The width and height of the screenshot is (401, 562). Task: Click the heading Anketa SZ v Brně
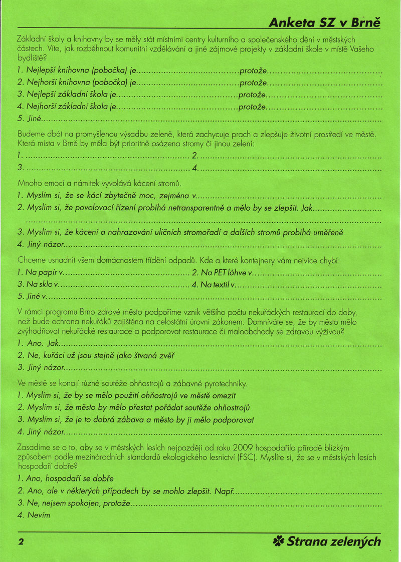point(325,23)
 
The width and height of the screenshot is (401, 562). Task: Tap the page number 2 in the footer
point(21,541)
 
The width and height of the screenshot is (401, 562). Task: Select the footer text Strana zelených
point(333,541)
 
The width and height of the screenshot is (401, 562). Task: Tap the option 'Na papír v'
point(40,273)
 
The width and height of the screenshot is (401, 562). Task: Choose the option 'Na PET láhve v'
point(221,273)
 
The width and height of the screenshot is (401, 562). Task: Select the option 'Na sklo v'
point(38,285)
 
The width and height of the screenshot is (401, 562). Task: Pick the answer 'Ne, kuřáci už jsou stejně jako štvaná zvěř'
point(96,355)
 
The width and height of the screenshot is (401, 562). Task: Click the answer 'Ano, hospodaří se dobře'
point(65,478)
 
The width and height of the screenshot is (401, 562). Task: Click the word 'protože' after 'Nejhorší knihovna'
point(253,82)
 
